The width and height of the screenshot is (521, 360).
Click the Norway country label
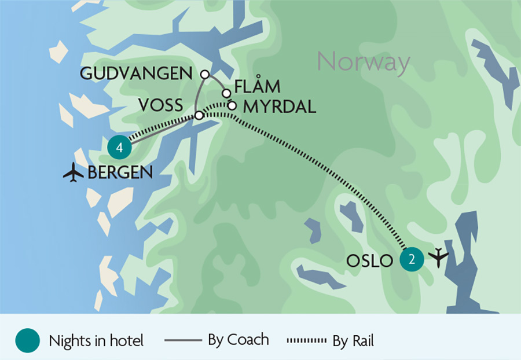pos(364,61)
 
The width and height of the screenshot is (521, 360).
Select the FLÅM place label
pos(258,87)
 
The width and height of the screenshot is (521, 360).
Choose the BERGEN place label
pos(120,172)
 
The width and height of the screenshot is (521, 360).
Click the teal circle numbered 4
pos(119,148)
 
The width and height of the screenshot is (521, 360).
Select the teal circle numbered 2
pos(412,260)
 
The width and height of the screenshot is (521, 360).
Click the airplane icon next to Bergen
pos(74,172)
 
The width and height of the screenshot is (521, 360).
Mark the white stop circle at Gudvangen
pos(203,74)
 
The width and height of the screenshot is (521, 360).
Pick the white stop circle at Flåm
pos(227,93)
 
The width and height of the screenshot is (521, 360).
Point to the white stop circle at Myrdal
pos(232,105)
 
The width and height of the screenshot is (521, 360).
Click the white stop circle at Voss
pos(199,116)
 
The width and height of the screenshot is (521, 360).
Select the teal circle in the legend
pos(28,340)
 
